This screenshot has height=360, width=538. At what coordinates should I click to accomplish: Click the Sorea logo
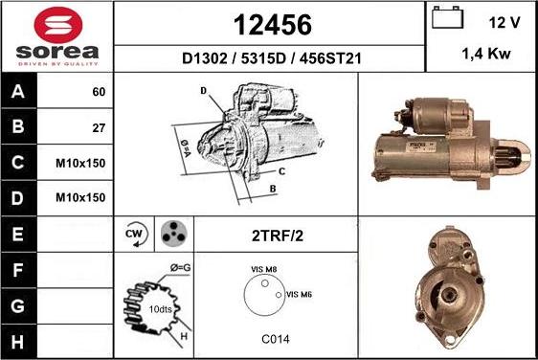coord(56,35)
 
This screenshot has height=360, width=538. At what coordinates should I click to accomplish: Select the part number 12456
coord(269,23)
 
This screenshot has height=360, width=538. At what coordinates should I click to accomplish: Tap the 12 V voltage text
coord(504,21)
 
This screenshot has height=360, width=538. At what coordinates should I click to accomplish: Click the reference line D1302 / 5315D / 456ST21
coord(269,58)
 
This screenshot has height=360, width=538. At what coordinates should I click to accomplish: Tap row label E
coord(16,233)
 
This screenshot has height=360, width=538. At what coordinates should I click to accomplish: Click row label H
coord(16,340)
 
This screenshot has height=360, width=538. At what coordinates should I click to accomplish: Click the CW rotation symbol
coord(134,233)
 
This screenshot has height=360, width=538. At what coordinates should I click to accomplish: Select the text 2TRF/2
coord(278,233)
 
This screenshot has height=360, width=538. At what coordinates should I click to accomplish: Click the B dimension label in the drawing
coord(272,189)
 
